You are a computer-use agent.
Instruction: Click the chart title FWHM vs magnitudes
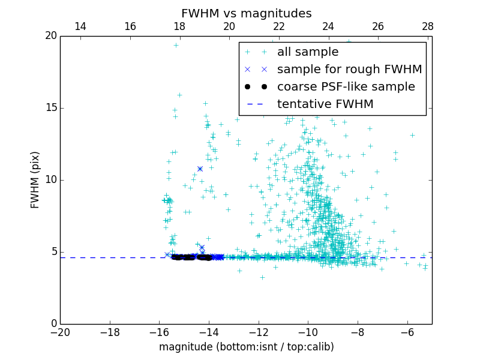point(246,13)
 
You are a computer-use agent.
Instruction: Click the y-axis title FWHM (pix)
point(35,180)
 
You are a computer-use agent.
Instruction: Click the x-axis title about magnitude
point(246,347)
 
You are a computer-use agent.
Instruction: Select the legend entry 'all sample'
point(308,52)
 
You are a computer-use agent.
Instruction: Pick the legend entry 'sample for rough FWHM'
point(349,70)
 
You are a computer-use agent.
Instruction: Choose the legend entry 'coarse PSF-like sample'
point(346,87)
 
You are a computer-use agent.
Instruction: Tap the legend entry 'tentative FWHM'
point(325,104)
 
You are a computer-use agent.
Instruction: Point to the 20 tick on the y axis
point(50,36)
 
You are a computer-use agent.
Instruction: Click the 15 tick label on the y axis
point(50,108)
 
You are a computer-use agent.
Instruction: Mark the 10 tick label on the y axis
point(50,180)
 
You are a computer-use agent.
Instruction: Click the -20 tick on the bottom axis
point(60,332)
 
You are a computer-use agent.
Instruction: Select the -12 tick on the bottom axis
point(259,332)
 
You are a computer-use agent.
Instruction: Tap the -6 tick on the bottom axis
point(407,332)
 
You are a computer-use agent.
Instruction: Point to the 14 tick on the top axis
point(80,26)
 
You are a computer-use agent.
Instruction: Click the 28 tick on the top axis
point(428,26)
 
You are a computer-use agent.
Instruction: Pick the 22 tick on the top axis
point(279,26)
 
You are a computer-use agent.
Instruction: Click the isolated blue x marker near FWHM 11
point(200,169)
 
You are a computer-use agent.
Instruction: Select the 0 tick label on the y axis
point(53,324)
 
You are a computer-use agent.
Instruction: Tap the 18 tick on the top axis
point(179,26)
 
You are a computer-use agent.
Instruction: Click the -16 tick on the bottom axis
point(159,332)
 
